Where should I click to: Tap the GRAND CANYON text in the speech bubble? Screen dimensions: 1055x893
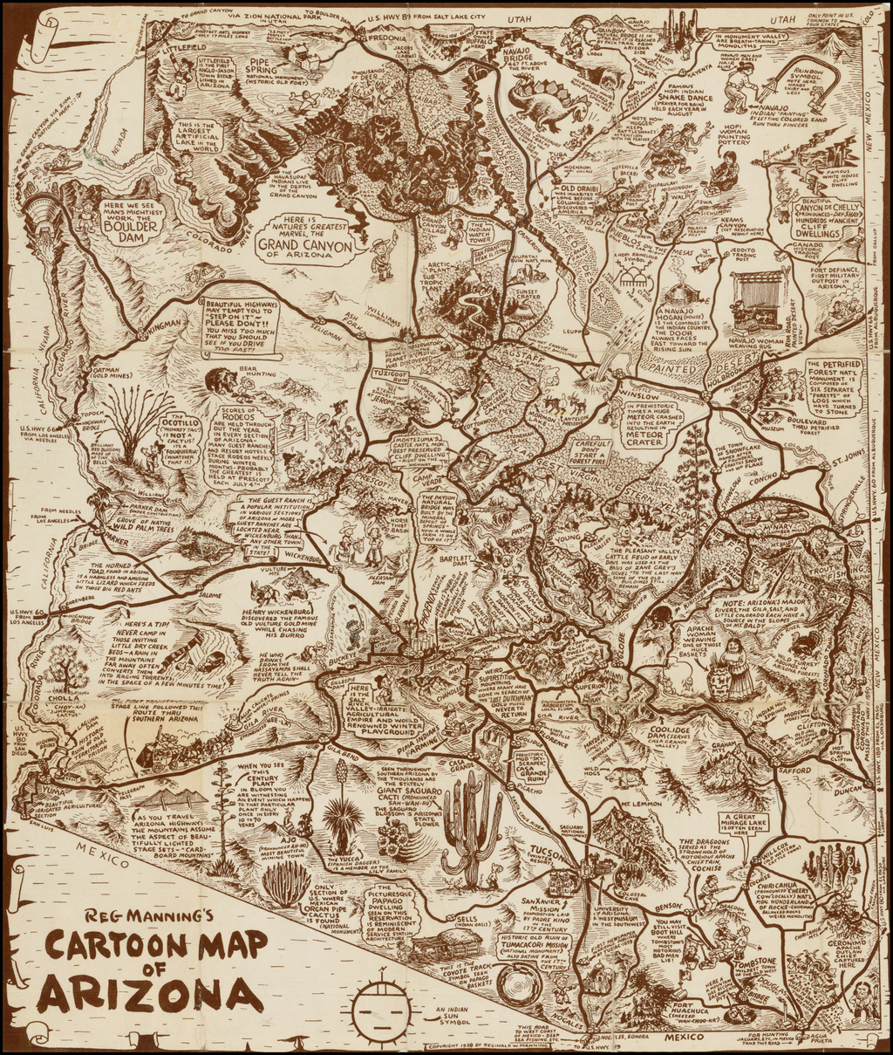[x=303, y=245]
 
